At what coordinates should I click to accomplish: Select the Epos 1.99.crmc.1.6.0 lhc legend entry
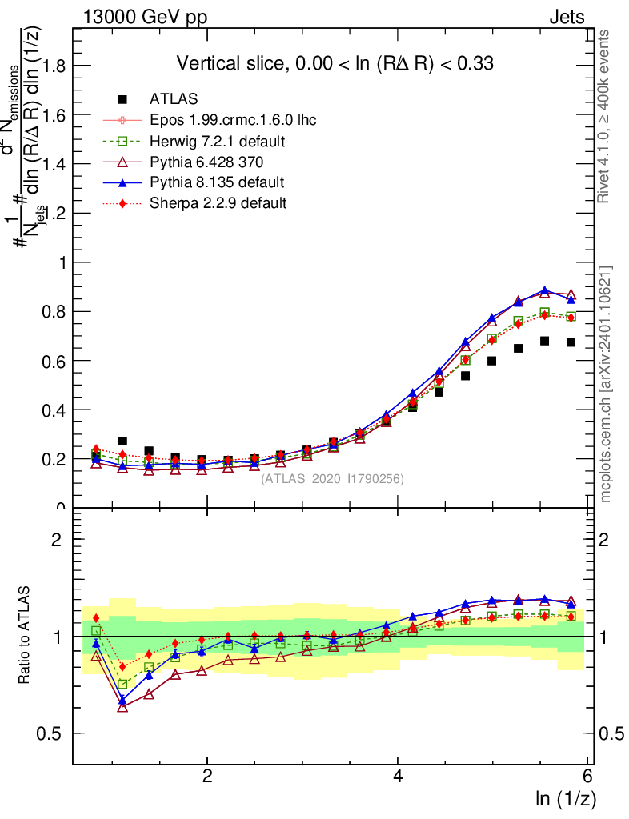pos(233,120)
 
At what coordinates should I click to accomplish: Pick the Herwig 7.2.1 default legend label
pos(218,141)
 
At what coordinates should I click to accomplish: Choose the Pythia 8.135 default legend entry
pos(217,182)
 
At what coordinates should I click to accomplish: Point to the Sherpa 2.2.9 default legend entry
pos(218,203)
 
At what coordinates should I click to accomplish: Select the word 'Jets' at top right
pos(567,17)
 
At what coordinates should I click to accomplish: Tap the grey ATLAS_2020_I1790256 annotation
pos(332,479)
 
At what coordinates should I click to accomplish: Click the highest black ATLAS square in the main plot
pos(544,341)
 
